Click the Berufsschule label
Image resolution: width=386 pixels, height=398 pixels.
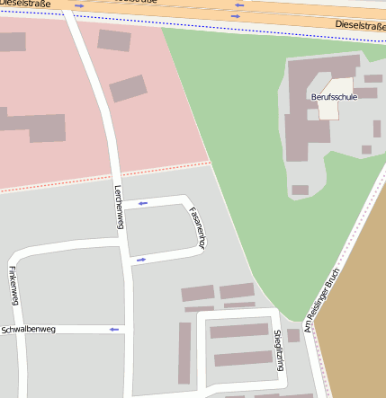[x=333, y=96]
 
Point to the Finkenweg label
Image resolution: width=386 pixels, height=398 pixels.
[x=13, y=285]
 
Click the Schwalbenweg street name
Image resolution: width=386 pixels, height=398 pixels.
[x=29, y=330]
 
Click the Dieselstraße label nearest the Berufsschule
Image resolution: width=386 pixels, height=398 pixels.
[x=359, y=25]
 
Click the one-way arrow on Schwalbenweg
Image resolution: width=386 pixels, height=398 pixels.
[x=114, y=330]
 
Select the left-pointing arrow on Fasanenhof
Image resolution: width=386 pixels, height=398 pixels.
[x=142, y=204]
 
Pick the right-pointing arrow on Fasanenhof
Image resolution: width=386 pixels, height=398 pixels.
[x=140, y=261]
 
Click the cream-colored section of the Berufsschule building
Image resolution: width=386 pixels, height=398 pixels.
[x=329, y=108]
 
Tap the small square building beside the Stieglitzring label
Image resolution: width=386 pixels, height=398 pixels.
[x=293, y=335]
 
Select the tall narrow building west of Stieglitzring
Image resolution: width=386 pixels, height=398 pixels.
[x=184, y=353]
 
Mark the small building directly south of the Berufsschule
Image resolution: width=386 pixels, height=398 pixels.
[x=300, y=190]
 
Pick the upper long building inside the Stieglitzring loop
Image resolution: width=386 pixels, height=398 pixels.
[x=239, y=331]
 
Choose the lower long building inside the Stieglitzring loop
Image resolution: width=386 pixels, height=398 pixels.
[x=243, y=358]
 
